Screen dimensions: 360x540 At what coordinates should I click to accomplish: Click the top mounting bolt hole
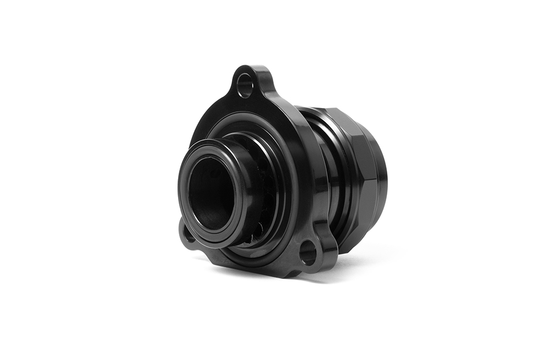click(245, 85)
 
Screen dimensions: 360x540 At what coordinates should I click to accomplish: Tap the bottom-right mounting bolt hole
click(307, 254)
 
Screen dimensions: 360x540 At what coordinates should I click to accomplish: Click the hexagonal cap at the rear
click(361, 160)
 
